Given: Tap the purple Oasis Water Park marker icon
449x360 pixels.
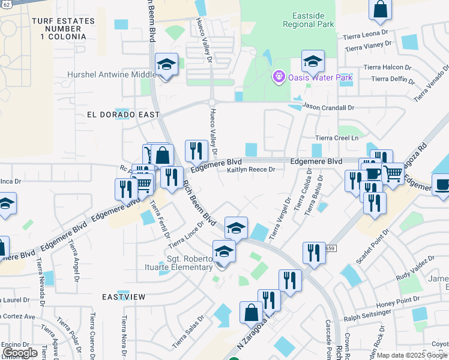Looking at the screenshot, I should point(278,77).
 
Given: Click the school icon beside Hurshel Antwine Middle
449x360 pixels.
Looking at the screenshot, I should point(166,64).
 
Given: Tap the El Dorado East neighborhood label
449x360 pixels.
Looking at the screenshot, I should point(123,114).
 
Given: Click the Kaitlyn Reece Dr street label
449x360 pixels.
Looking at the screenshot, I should point(251,170).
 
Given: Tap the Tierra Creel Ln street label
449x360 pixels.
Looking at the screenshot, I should point(337,138).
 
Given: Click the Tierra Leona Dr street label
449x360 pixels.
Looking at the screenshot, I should point(366,35).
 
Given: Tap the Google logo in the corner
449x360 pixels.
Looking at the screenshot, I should point(20,353).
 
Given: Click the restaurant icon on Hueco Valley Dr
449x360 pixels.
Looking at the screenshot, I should point(196,151).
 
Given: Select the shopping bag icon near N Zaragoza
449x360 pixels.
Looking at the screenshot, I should point(251,312).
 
